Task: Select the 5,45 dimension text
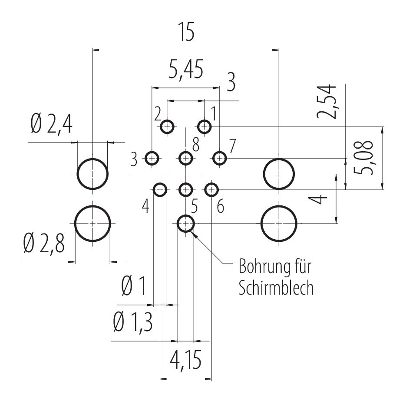point(186,69)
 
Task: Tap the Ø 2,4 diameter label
point(51,124)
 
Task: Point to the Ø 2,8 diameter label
point(44,243)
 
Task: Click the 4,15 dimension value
point(186,360)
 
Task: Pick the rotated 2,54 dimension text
point(327,101)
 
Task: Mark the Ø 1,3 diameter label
point(133,322)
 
